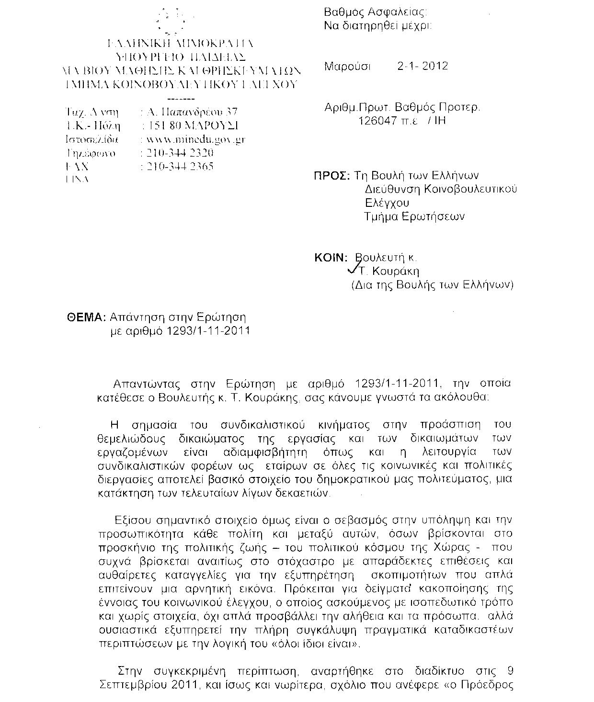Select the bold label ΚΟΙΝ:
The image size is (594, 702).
tap(330, 258)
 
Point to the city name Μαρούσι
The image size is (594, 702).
tap(347, 66)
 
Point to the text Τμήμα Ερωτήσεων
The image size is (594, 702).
tap(414, 216)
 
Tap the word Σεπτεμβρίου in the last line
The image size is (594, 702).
tap(132, 685)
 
